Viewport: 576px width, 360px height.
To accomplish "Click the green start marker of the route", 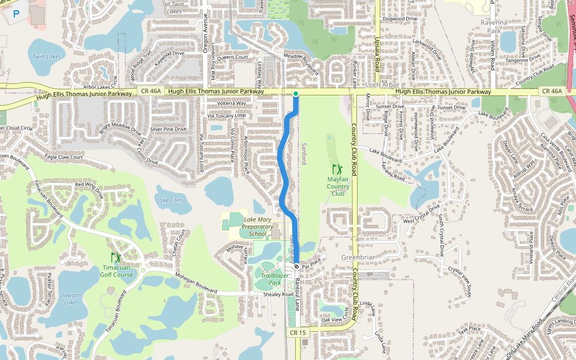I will click(x=296, y=94).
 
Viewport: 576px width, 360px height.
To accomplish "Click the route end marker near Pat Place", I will click(x=296, y=266).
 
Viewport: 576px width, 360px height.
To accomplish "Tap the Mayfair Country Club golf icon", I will click(x=337, y=169).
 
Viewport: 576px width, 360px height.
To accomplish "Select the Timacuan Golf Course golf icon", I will click(x=115, y=259).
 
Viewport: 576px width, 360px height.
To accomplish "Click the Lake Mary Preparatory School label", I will click(x=257, y=227).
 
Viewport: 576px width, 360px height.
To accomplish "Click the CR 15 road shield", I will click(x=298, y=332).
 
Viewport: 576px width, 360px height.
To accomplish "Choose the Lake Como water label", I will click(x=171, y=200).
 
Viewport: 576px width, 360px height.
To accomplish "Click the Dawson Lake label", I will click(x=70, y=298).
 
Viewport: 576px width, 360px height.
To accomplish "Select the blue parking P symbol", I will click(x=16, y=13).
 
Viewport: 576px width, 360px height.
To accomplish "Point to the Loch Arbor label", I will click(x=383, y=85).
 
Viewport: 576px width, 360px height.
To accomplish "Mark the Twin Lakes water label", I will click(x=47, y=56).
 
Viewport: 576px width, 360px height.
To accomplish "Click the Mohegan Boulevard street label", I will click(x=196, y=282).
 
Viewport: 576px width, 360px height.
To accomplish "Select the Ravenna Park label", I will click(x=494, y=26).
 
